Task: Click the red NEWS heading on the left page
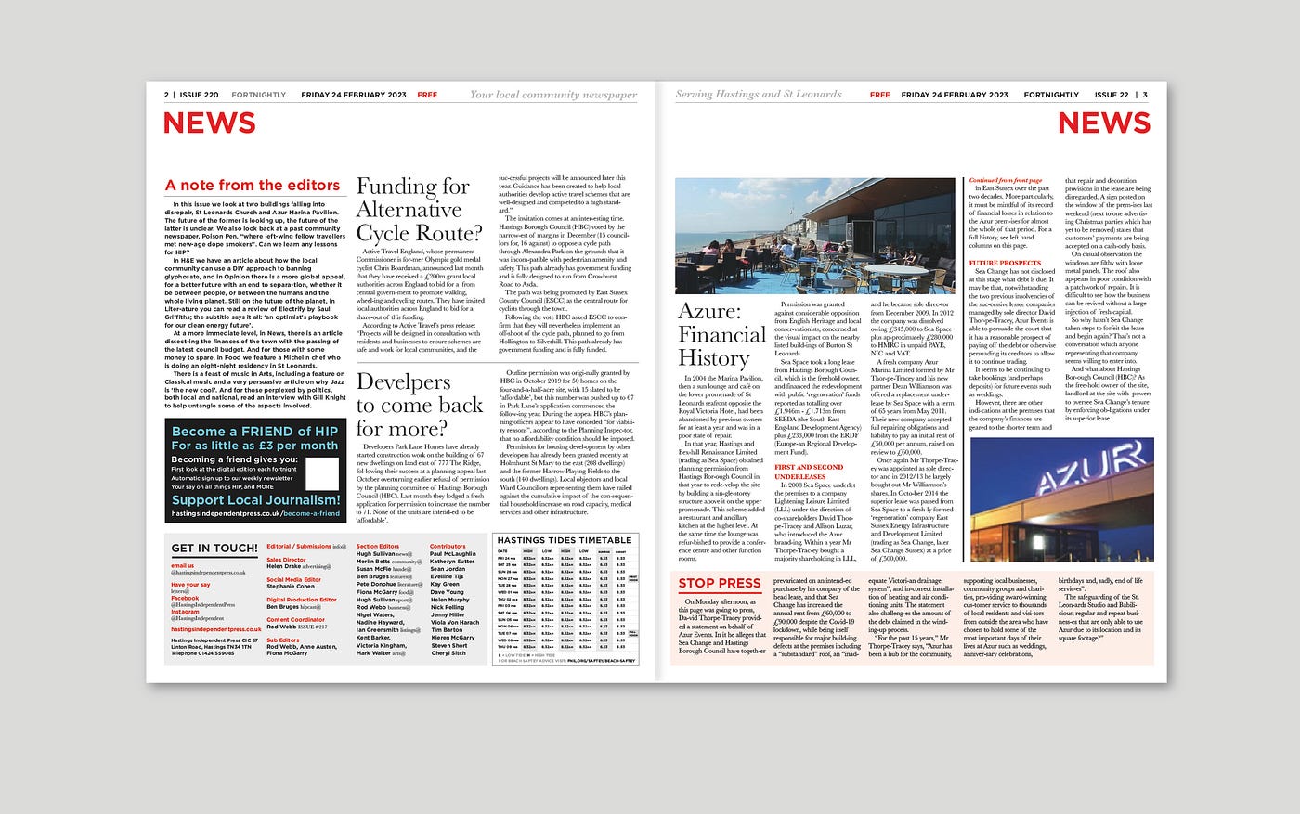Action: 209,123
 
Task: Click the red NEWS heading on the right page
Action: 1103,123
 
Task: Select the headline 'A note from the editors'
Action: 253,186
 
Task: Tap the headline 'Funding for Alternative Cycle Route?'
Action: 413,210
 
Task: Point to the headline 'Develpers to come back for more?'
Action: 420,405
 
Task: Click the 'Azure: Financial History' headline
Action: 721,334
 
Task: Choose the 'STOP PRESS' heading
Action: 720,584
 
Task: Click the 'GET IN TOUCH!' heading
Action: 214,549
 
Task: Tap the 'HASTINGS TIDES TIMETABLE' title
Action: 565,540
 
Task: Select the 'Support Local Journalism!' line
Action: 256,500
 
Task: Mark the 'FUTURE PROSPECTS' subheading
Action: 1005,263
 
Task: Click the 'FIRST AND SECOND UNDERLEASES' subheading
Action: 810,472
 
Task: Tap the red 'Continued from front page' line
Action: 1006,180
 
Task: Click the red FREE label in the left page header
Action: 427,95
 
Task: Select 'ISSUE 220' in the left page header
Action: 199,95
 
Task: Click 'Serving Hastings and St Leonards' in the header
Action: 759,95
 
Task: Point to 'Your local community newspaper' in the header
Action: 553,95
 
